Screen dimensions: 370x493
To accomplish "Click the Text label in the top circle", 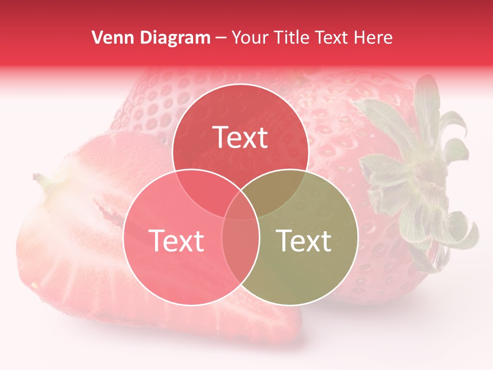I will [240, 137].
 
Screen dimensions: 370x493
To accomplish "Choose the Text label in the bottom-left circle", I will [176, 240].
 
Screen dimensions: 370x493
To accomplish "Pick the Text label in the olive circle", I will [304, 240].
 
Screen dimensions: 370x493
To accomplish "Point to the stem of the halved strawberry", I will [41, 180].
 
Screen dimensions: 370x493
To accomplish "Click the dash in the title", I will [221, 38].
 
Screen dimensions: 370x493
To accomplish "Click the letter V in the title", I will [97, 38].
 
